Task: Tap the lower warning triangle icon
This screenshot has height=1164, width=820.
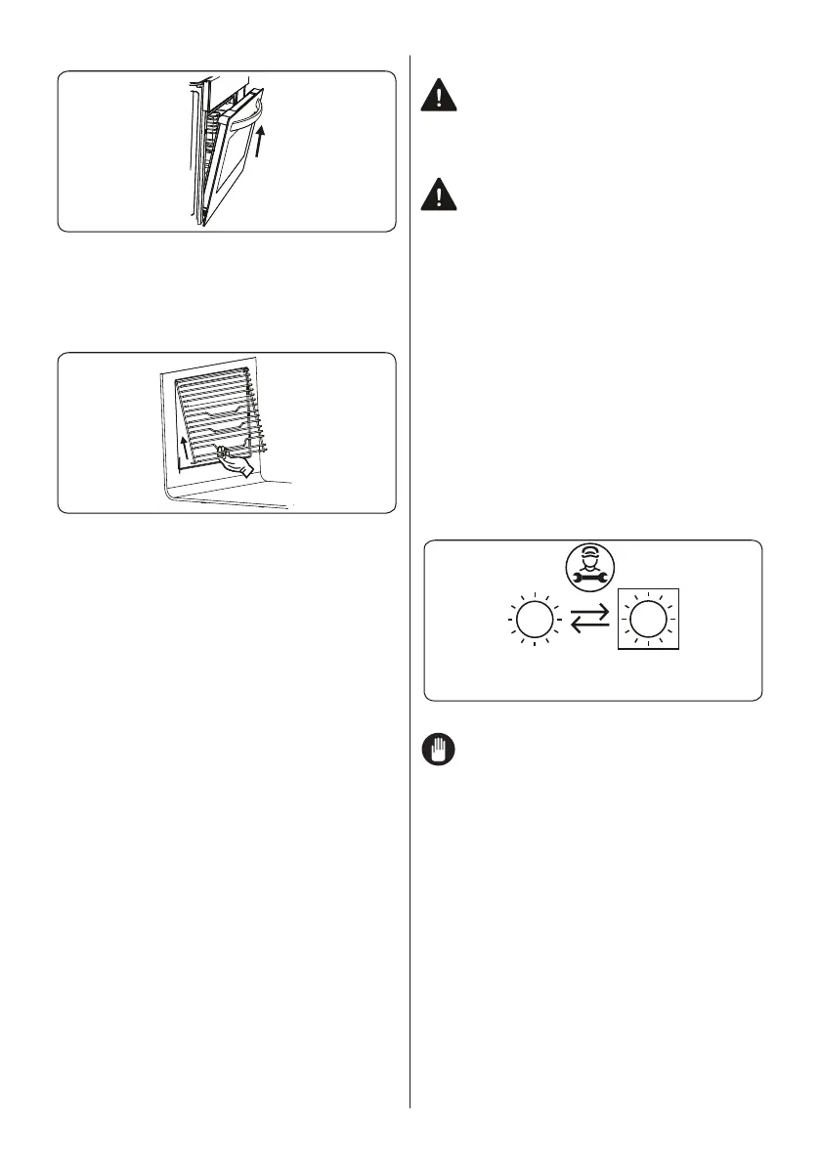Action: tap(438, 197)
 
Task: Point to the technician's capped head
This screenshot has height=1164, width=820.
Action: tap(589, 562)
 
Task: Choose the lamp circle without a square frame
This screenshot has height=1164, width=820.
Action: tap(530, 620)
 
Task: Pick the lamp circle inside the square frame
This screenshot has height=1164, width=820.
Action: tap(646, 620)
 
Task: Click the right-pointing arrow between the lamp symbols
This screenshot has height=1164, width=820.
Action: tap(590, 613)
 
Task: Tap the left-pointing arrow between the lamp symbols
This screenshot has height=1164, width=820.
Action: tap(590, 626)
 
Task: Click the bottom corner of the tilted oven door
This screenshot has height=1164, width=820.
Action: tap(201, 224)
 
